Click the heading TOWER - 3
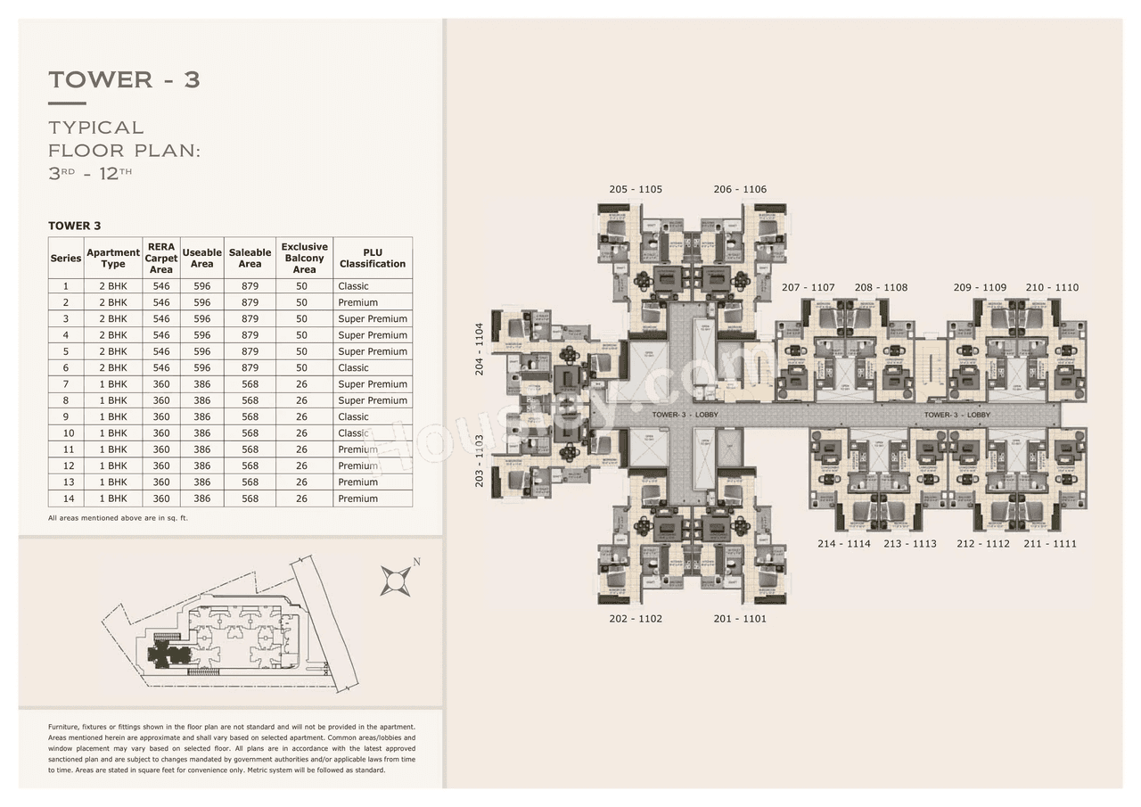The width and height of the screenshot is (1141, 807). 124,79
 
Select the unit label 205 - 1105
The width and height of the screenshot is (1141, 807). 636,189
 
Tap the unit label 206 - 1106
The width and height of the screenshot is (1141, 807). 740,189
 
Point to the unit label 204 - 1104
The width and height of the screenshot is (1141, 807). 480,349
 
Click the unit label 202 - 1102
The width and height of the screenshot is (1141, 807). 636,619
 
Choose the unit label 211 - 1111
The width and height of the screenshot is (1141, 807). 1050,544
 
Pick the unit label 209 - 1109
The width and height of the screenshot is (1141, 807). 980,287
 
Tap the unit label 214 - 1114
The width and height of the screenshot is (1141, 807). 844,544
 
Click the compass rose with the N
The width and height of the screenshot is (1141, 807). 396,580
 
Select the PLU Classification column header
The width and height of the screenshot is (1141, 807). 373,258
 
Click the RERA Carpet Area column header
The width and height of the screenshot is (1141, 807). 161,258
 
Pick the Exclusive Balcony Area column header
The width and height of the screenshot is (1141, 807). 304,258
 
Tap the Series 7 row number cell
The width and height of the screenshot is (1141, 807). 65,384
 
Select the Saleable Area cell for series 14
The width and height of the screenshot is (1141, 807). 250,498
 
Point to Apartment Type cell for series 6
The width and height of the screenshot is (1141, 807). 113,367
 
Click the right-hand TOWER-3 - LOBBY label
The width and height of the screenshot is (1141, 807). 957,415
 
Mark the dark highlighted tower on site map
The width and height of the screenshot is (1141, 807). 168,655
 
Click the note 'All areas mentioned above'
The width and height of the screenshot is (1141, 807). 118,518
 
